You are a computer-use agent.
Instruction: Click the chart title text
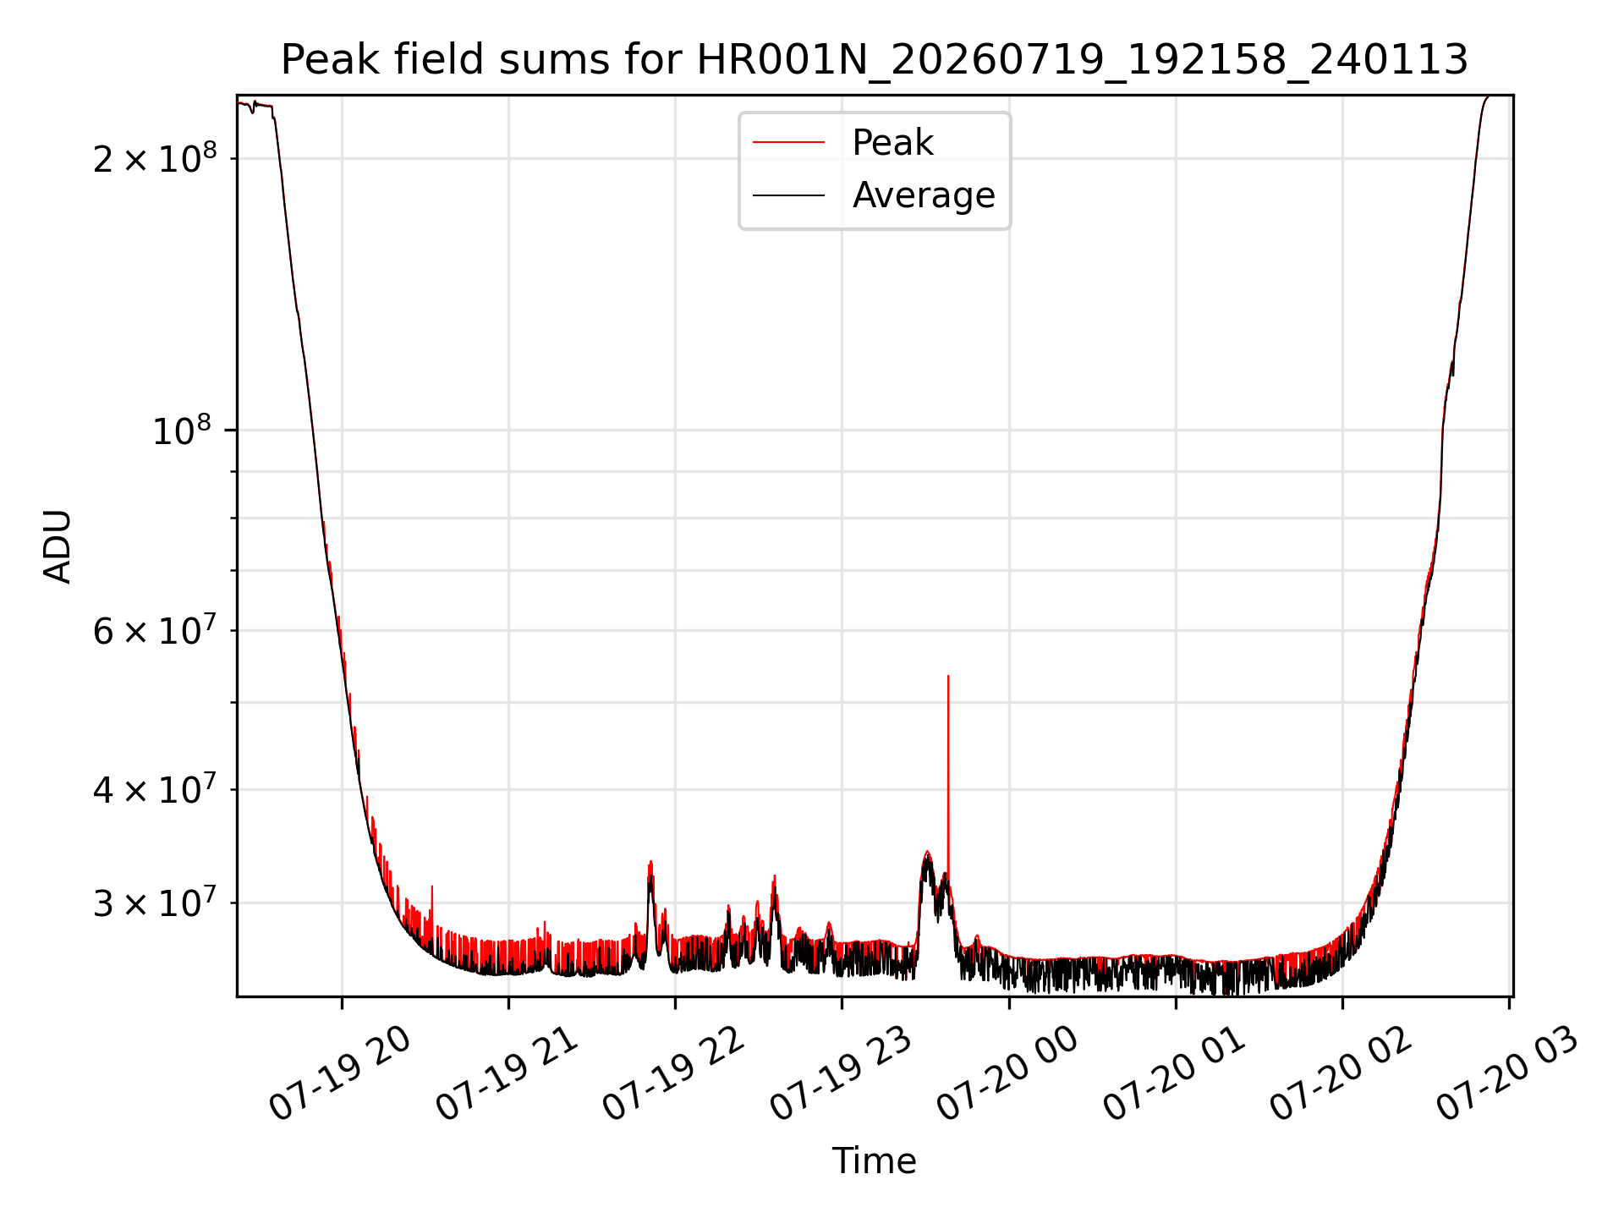click(x=874, y=60)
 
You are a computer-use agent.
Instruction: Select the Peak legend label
click(x=892, y=142)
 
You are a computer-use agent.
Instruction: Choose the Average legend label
click(x=924, y=195)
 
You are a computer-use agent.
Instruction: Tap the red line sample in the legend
click(x=788, y=142)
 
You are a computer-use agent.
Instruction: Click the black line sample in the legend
click(x=788, y=195)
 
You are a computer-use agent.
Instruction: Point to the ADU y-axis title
click(x=58, y=546)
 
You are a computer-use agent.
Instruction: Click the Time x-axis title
click(x=874, y=1161)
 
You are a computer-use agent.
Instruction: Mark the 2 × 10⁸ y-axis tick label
click(x=154, y=158)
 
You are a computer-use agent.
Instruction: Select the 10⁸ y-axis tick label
click(x=181, y=431)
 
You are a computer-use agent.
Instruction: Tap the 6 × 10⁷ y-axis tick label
click(x=154, y=630)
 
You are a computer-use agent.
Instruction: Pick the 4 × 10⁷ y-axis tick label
click(x=154, y=789)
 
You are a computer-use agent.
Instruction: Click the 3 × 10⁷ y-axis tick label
click(x=154, y=903)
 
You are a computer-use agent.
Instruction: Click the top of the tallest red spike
click(x=948, y=676)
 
